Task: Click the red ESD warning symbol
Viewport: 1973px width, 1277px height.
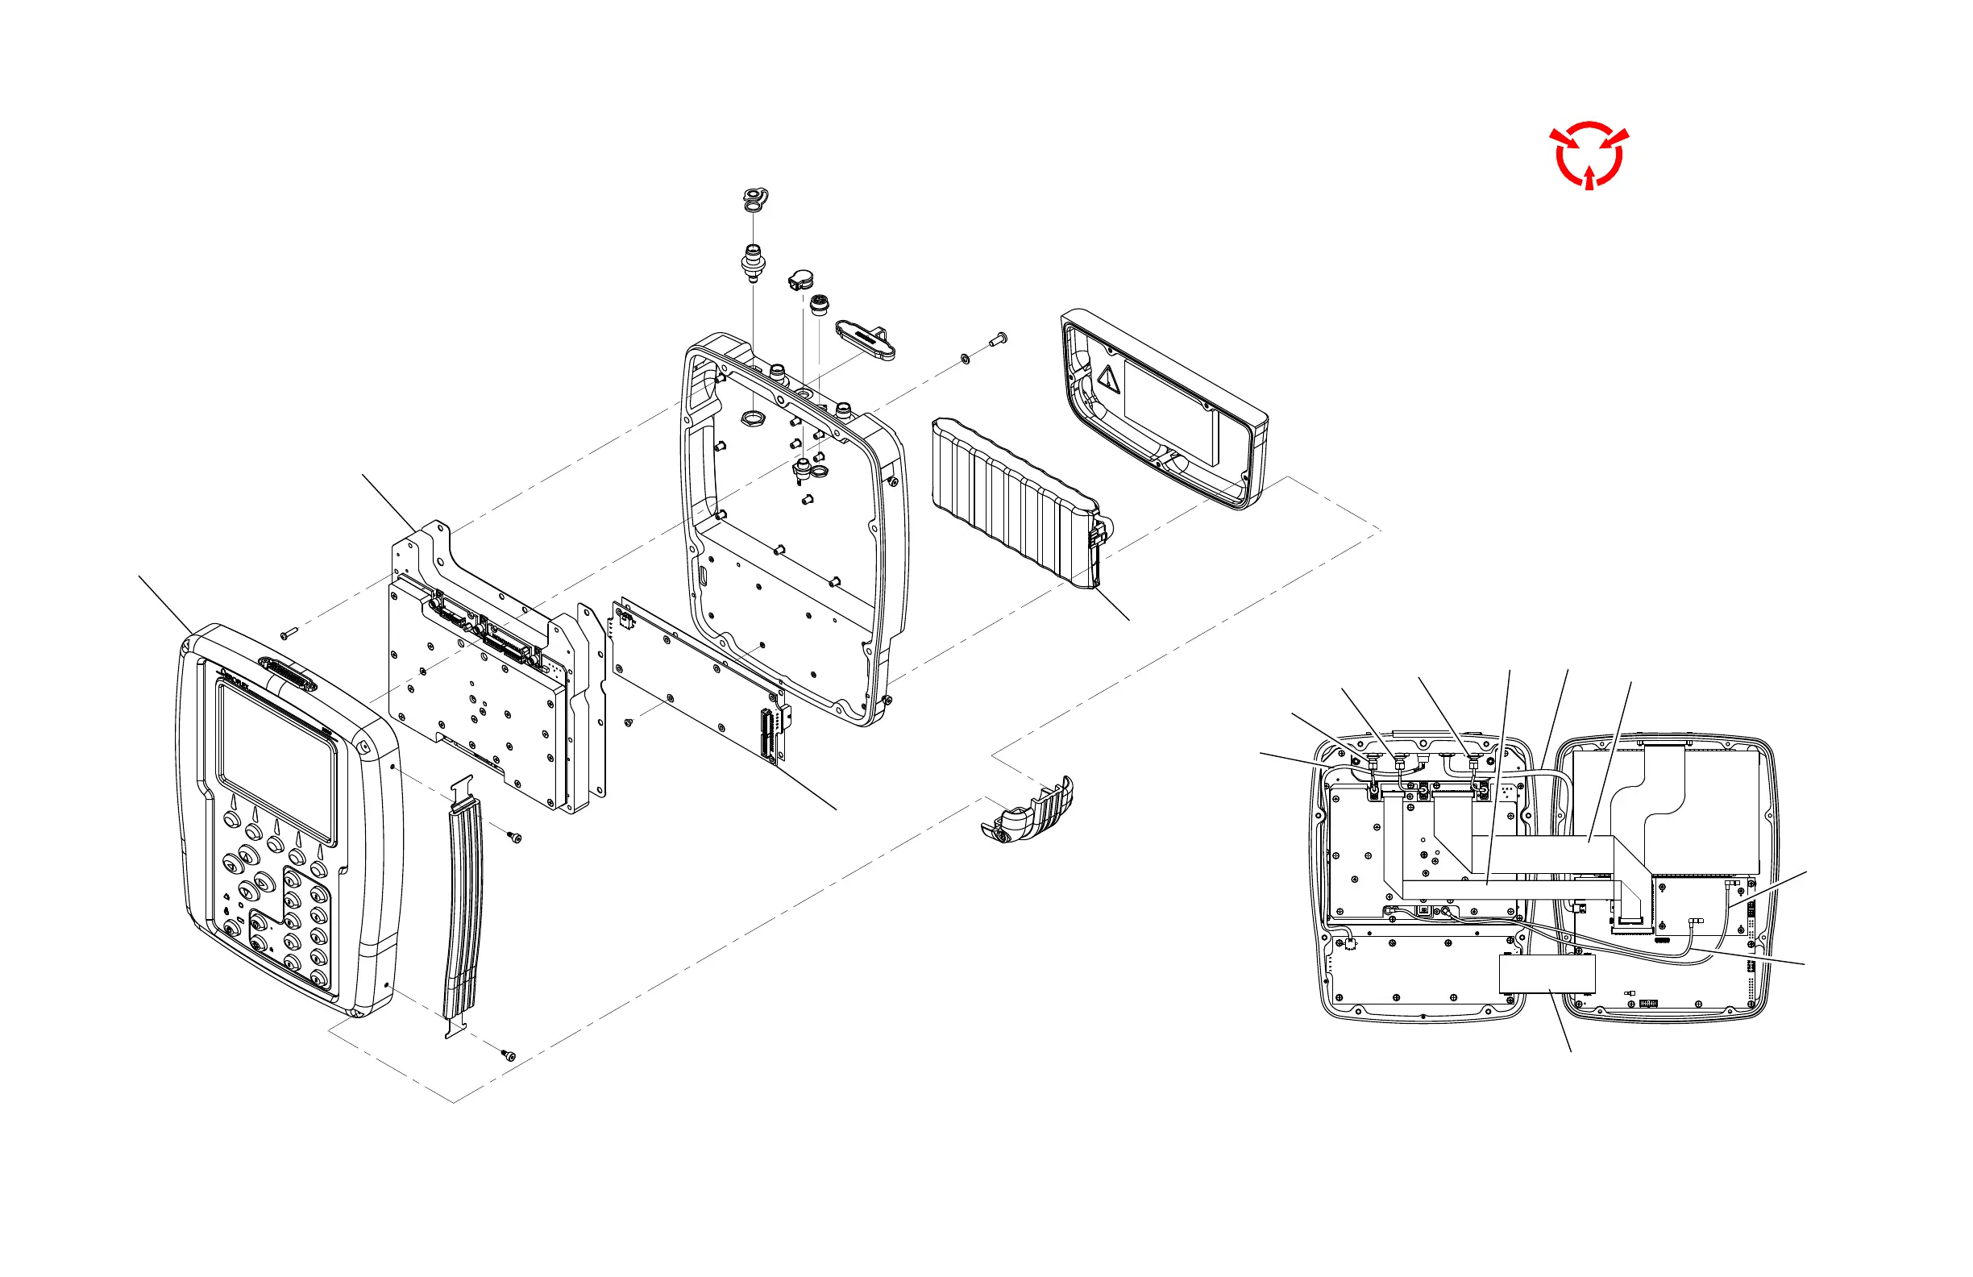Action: pyautogui.click(x=1589, y=155)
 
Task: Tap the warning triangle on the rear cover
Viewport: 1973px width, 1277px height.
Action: pyautogui.click(x=1108, y=380)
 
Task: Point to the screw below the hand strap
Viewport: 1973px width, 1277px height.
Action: pyautogui.click(x=509, y=1055)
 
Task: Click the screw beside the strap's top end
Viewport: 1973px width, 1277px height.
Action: pyautogui.click(x=515, y=838)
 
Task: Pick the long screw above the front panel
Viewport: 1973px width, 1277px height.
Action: pyautogui.click(x=288, y=634)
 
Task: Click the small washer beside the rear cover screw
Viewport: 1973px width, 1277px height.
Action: pyautogui.click(x=966, y=358)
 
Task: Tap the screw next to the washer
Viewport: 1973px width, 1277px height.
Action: pyautogui.click(x=998, y=339)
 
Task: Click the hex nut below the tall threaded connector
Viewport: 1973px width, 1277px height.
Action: pyautogui.click(x=752, y=416)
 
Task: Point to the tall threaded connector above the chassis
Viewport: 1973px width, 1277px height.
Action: pyautogui.click(x=753, y=260)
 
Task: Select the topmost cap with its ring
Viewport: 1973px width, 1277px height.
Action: pyautogui.click(x=754, y=200)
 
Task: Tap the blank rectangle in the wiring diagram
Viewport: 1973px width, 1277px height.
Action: pyautogui.click(x=1547, y=974)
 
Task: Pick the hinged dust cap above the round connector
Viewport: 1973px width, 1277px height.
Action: pyautogui.click(x=801, y=281)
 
